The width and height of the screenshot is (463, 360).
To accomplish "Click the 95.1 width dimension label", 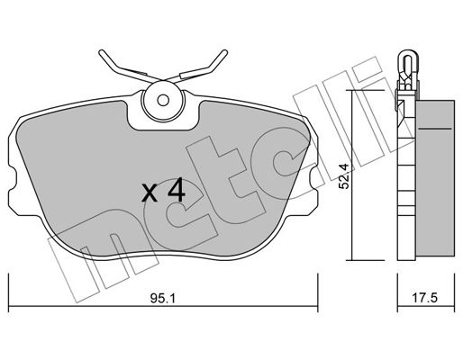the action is [x=162, y=298].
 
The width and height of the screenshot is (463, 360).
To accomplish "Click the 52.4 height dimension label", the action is [x=344, y=176].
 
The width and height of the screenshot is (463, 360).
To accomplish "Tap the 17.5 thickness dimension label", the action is [x=425, y=298].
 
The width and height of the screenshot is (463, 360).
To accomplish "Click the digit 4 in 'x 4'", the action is [x=177, y=189].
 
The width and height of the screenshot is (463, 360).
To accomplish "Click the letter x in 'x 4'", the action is [x=150, y=193].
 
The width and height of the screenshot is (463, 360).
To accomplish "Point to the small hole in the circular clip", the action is [x=163, y=101].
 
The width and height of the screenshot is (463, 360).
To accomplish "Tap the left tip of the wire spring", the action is [x=101, y=52].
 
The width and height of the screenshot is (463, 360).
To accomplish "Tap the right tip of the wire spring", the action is [x=225, y=51].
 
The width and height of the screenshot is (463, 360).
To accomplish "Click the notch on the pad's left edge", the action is [x=12, y=179].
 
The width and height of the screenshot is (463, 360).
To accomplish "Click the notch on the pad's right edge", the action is [x=313, y=179].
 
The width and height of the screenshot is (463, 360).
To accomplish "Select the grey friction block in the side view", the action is [x=435, y=180].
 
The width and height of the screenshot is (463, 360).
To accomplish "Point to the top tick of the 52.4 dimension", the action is [x=365, y=90].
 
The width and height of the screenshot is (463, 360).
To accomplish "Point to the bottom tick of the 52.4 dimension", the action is [x=365, y=260].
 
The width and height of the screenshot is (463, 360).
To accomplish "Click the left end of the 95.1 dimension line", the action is [x=9, y=306].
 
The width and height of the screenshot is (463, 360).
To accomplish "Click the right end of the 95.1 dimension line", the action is [x=318, y=306].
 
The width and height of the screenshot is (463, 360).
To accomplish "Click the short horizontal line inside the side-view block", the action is [x=435, y=129].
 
